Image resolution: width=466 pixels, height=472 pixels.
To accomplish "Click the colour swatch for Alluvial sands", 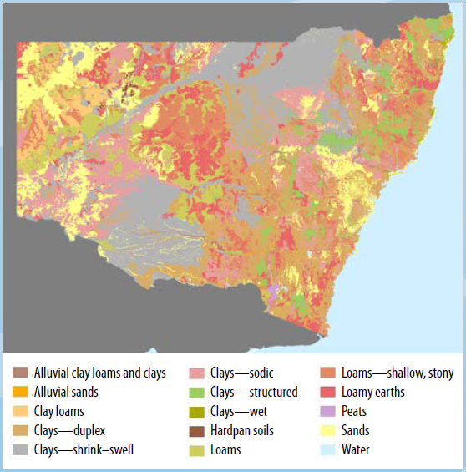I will coord(21,392).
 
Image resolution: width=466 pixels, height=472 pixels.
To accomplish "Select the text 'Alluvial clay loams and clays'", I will coord(100,373).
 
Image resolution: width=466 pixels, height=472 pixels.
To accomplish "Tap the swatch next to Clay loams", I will coord(21,411).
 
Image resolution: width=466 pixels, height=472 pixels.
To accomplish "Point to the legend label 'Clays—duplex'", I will coord(68,430).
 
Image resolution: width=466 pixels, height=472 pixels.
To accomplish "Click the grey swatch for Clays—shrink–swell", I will coord(21,449).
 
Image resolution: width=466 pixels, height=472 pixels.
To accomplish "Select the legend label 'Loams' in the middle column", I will coord(225,449).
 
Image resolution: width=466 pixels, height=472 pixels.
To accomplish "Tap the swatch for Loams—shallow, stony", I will coord(328,373).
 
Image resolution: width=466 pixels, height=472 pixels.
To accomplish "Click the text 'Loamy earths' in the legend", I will coord(373,392).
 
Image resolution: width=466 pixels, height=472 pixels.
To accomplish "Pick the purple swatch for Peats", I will coord(328,411).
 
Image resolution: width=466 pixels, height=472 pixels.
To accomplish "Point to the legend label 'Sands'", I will coord(356,430).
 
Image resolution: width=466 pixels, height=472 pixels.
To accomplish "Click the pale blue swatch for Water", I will coord(328,449).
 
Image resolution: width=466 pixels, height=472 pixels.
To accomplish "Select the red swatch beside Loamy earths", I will coord(328,392).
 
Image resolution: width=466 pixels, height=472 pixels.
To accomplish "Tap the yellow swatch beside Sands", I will coord(328,430).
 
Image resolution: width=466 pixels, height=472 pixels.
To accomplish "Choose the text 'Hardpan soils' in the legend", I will coord(242,430).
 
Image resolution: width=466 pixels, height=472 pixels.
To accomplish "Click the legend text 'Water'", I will coord(356,449).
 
